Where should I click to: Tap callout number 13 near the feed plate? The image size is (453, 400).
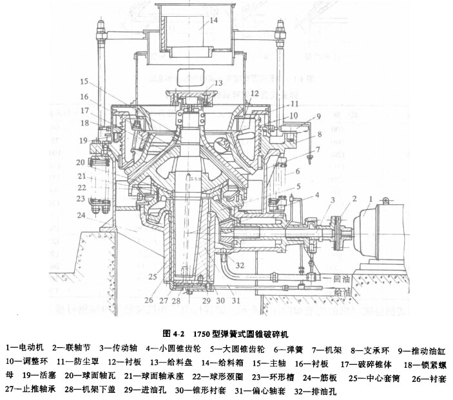coord(218,83)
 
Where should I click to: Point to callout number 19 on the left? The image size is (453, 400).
coord(82,140)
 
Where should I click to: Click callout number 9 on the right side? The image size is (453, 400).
coord(318,116)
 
